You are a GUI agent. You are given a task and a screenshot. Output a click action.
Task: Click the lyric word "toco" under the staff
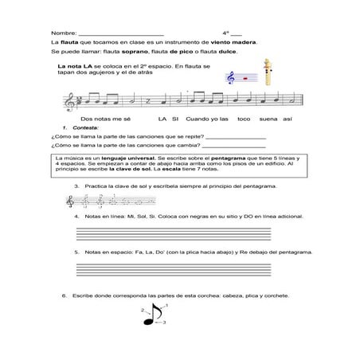click(242, 118)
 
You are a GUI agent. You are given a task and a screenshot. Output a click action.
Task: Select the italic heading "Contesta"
click(83, 127)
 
